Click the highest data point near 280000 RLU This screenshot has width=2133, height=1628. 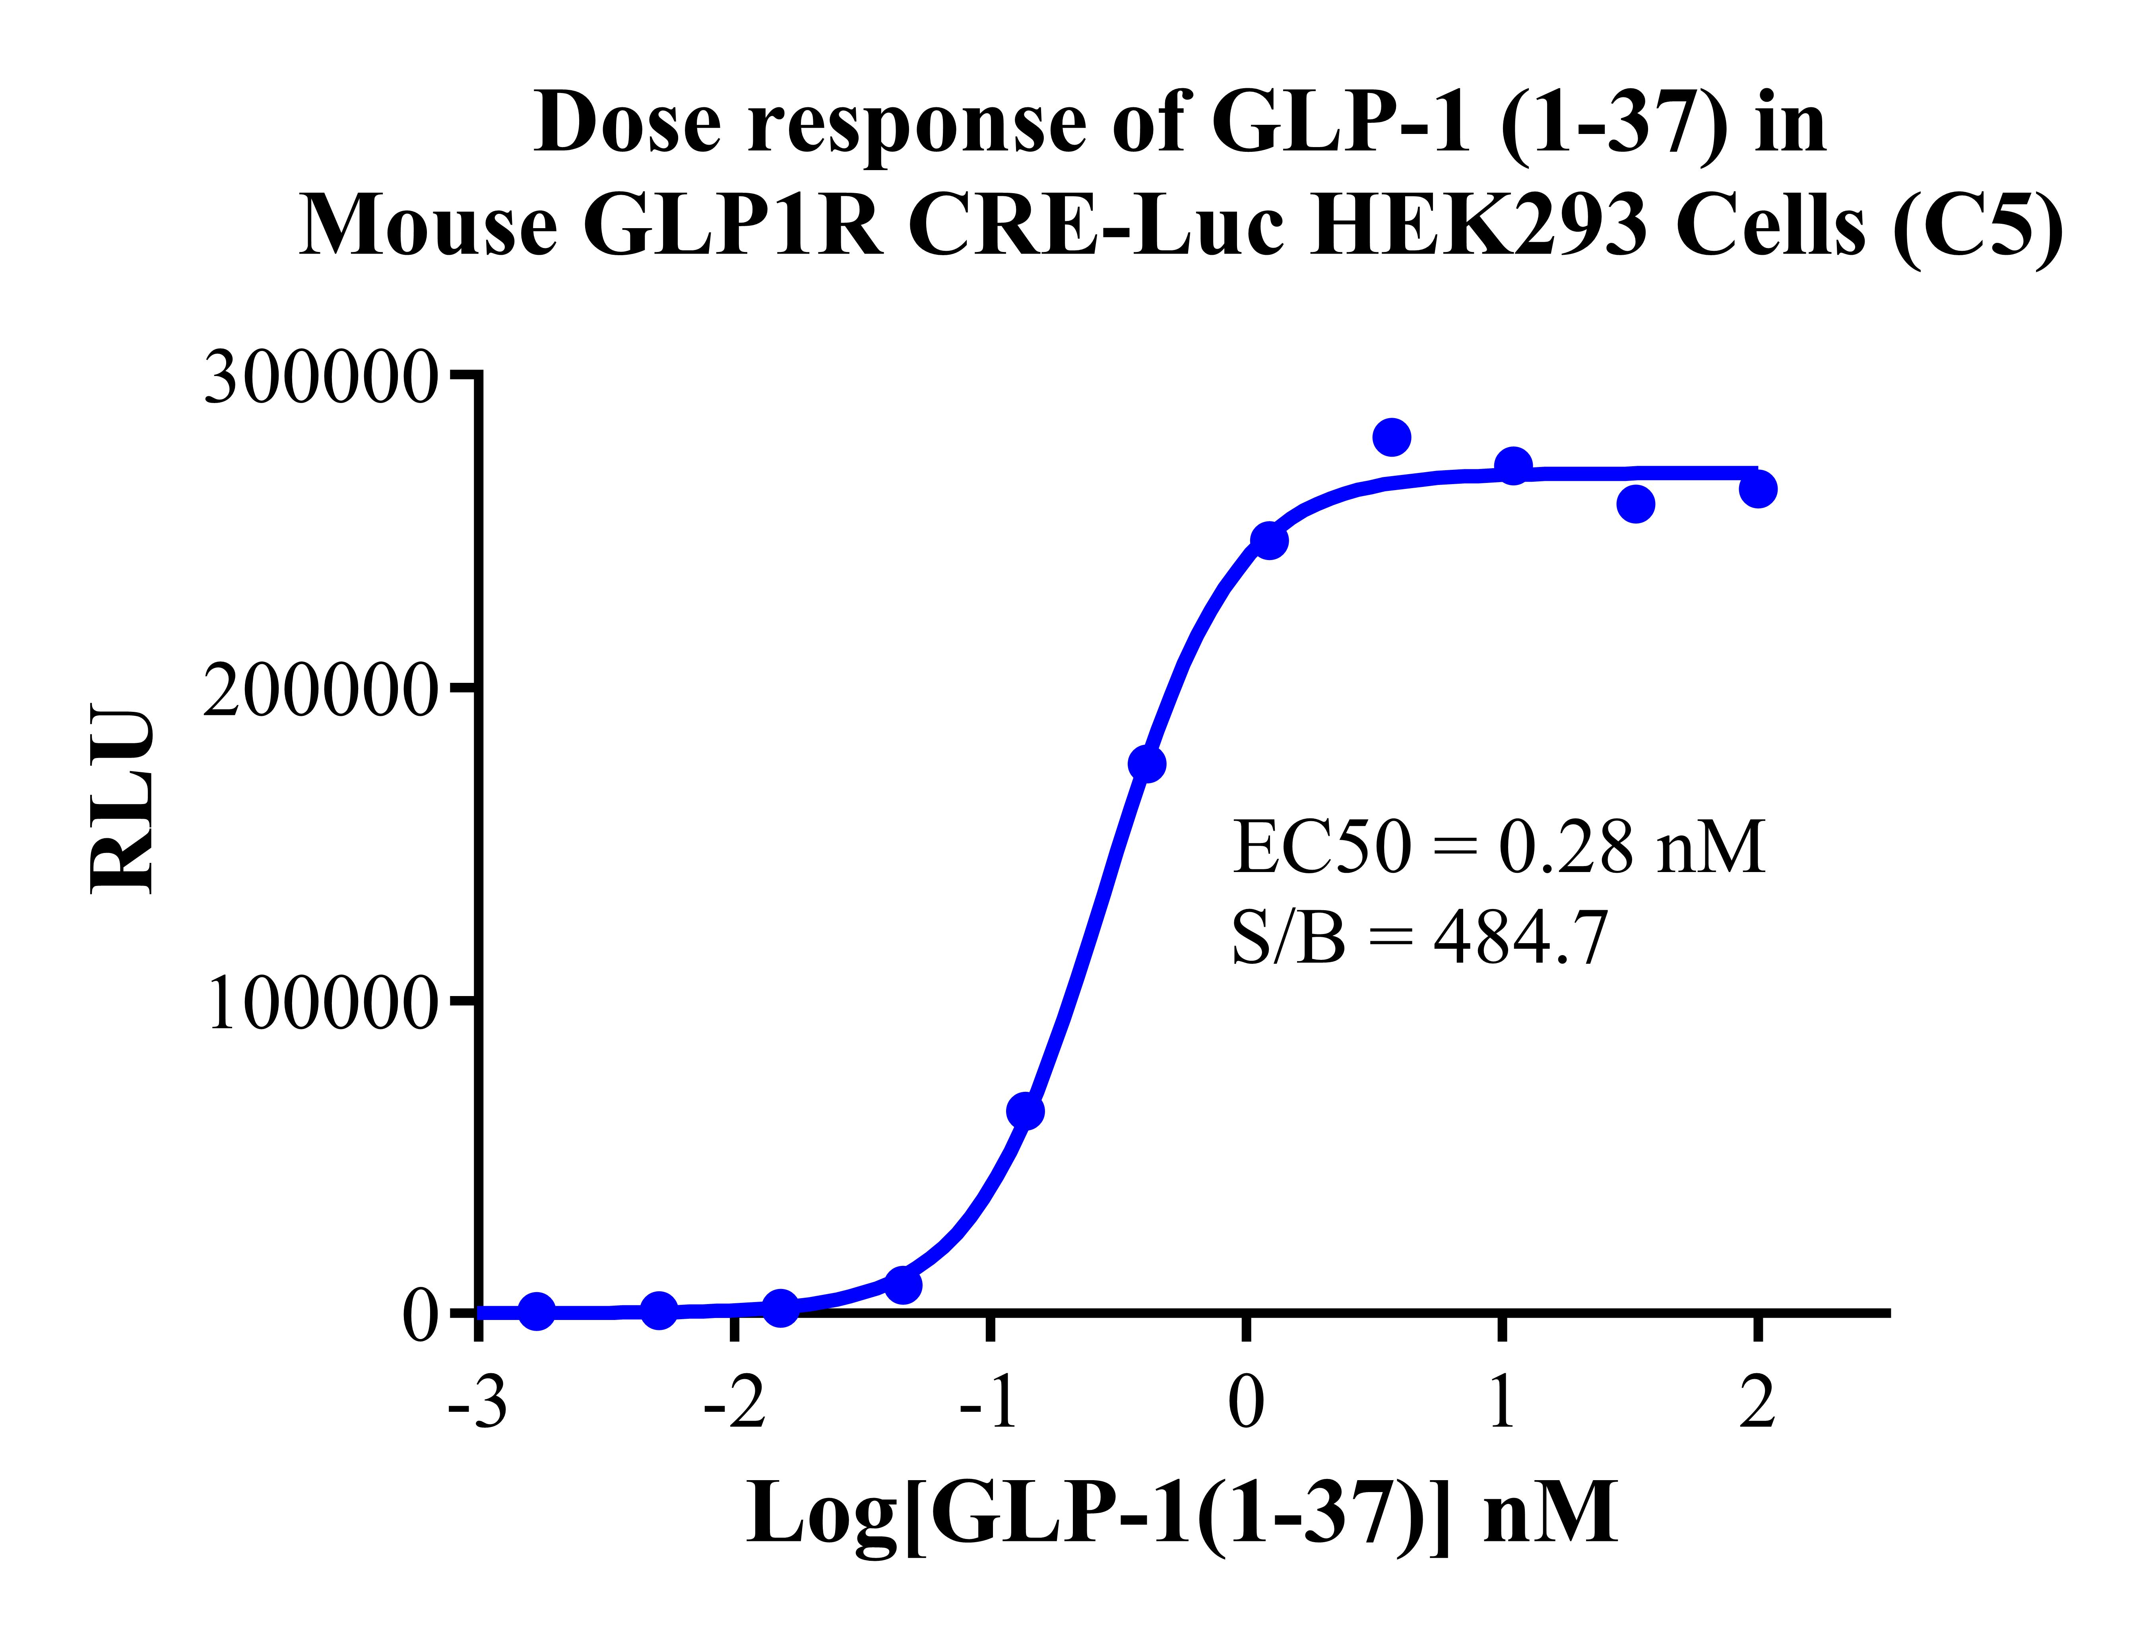point(1392,437)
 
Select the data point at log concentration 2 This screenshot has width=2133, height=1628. point(1757,489)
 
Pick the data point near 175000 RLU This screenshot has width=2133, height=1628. point(1146,764)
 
